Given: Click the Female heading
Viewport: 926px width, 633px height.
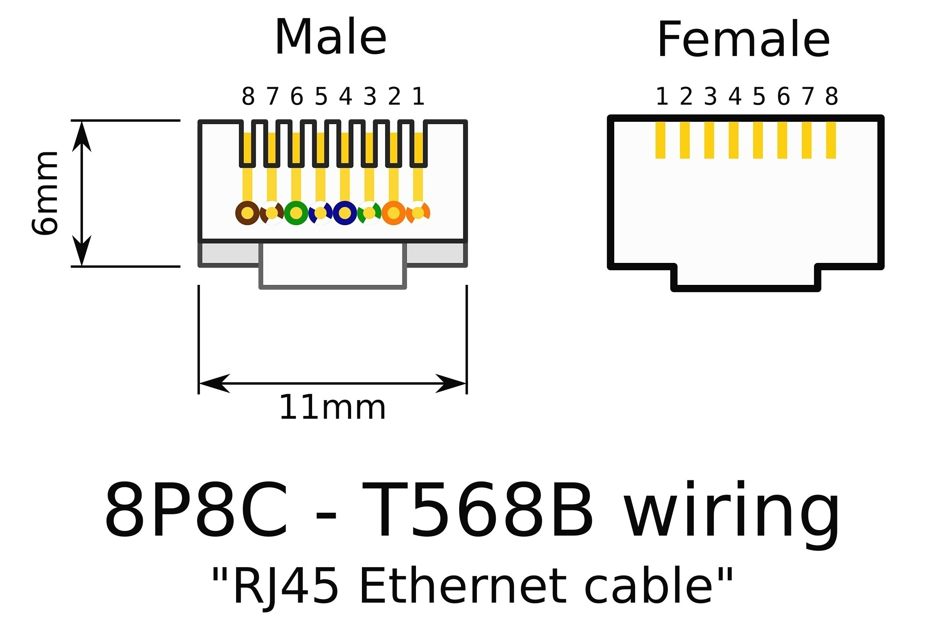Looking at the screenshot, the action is [744, 40].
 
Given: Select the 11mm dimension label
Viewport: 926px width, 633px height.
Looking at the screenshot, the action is [332, 409].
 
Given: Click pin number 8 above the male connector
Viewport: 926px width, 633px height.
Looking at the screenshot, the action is [248, 97].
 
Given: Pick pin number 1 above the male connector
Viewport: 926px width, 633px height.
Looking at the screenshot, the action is [418, 97].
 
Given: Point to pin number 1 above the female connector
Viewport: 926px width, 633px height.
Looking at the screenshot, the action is [662, 97].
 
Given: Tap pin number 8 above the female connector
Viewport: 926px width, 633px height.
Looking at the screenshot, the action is [831, 97].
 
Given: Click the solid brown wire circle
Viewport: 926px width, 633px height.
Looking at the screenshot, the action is [247, 213].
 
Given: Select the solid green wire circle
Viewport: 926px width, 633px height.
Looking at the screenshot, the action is [296, 213].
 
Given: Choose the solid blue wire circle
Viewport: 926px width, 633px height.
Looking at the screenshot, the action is [345, 213].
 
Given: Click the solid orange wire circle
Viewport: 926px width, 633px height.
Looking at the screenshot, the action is [394, 213].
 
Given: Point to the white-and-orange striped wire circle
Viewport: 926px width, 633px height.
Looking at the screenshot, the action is [418, 213].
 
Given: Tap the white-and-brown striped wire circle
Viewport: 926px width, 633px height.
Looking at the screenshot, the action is [272, 213].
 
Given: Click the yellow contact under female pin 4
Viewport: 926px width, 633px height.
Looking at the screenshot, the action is [733, 140].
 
